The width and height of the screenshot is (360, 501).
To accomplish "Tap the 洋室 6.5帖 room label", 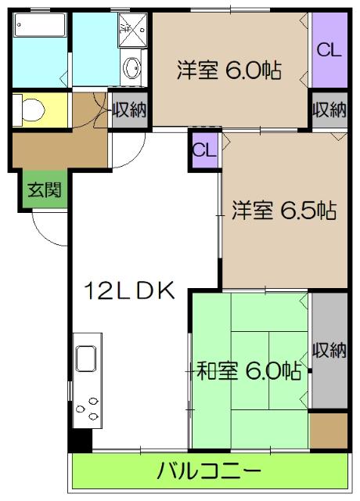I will click(x=283, y=211).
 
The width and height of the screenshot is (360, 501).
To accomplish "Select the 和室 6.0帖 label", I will click(x=247, y=370).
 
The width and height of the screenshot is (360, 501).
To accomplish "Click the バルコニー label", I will click(x=209, y=471).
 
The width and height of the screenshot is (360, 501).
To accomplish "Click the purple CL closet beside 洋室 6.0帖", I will click(x=329, y=50).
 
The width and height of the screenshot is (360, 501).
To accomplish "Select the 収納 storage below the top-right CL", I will click(x=329, y=110).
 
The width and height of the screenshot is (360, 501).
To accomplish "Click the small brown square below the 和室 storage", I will click(x=328, y=429).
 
